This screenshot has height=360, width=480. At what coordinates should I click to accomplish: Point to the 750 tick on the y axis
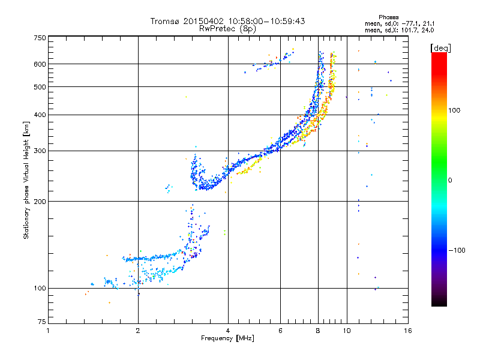40,38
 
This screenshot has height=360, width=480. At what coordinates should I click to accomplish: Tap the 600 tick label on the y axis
40,64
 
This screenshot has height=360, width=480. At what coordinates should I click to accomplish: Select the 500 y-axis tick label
40,86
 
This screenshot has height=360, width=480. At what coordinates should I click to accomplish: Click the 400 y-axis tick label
40,115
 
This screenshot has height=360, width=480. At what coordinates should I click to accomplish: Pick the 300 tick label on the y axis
40,151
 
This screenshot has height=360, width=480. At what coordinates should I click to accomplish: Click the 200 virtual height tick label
40,201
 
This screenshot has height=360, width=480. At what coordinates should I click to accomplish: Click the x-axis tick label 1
48,331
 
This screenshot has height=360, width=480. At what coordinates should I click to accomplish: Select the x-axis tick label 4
228,331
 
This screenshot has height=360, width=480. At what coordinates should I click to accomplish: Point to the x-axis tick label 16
407,331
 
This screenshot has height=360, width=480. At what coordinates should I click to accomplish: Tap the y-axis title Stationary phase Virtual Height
26,180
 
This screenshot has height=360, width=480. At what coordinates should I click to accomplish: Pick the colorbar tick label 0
452,180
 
